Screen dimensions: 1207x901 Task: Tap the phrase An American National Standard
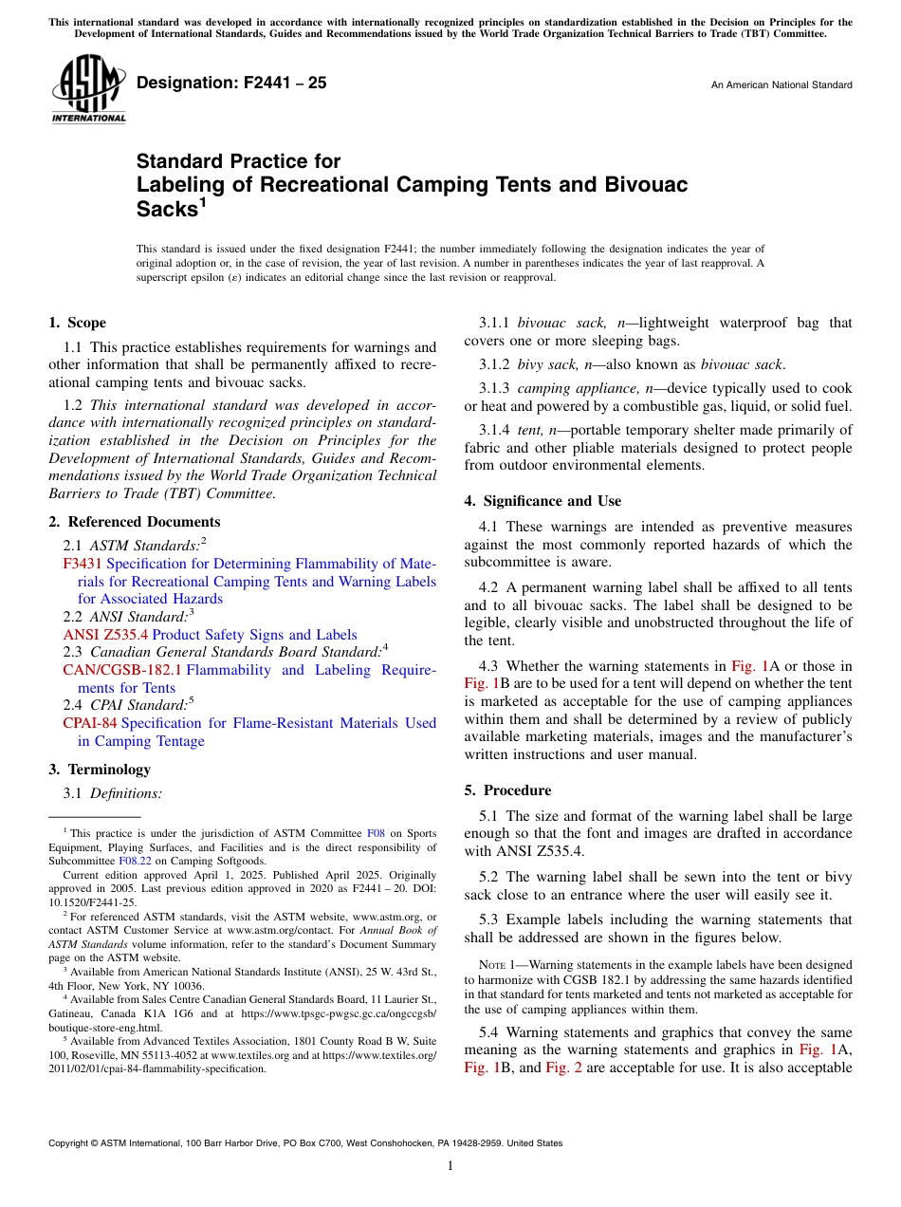[x=781, y=85]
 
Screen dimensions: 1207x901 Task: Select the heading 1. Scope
[x=78, y=323]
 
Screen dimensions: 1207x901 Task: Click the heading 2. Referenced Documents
[x=135, y=522]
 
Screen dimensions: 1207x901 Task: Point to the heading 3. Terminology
[x=100, y=770]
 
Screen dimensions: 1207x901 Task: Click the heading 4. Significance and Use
[x=542, y=501]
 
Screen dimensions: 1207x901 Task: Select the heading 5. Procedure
[x=507, y=790]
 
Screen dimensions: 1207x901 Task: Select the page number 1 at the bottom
[x=450, y=1165]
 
